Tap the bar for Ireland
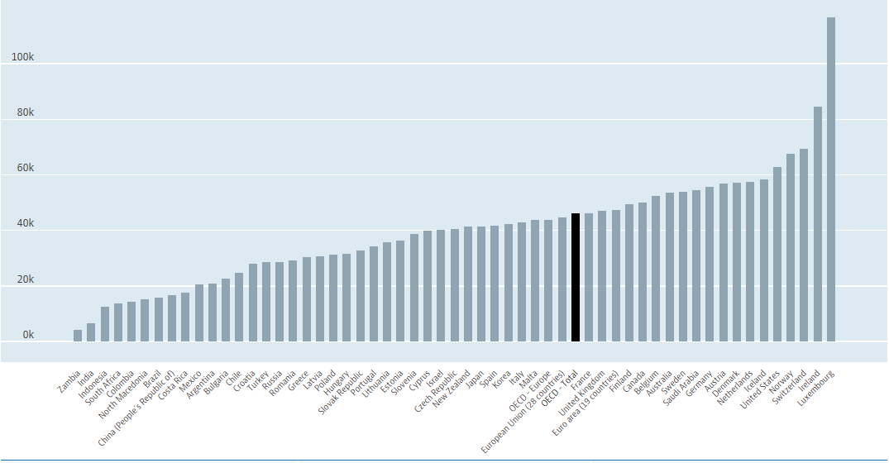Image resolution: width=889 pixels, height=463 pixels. click(817, 223)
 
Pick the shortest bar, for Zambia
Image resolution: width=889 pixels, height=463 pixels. click(78, 336)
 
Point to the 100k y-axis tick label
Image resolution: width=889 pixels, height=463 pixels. click(22, 57)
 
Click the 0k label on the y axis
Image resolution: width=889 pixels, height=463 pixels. click(27, 335)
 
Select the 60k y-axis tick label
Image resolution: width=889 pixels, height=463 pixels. click(25, 168)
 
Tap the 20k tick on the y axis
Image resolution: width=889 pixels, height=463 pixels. click(25, 279)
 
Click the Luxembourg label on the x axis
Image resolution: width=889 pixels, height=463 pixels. click(817, 388)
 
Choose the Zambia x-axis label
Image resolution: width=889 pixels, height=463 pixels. click(69, 384)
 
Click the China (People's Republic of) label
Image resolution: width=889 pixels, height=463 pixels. click(137, 410)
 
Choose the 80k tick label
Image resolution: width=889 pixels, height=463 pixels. click(25, 112)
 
